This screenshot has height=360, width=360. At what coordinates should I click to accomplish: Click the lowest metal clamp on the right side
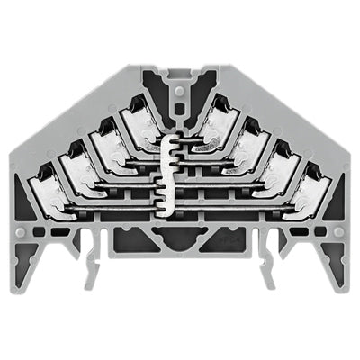pos(310,189)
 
